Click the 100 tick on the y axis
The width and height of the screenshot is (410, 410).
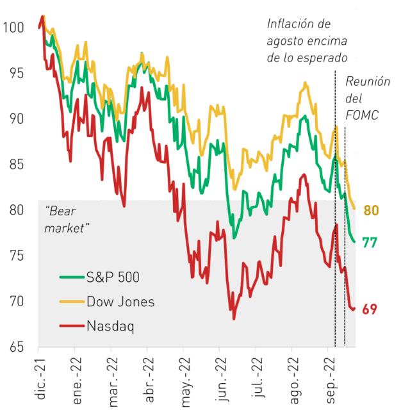point(13,28)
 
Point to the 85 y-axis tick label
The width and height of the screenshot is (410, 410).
point(17,165)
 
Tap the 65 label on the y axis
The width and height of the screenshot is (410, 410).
point(17,347)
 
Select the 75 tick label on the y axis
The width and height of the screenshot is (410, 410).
point(17,256)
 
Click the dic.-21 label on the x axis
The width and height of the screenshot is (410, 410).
point(40,379)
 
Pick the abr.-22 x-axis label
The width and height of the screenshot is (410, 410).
point(149,380)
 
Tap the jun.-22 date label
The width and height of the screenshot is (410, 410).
point(221,380)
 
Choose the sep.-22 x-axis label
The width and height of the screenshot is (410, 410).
point(330,381)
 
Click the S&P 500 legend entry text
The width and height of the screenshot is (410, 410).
point(113,277)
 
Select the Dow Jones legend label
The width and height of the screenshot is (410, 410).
point(120,302)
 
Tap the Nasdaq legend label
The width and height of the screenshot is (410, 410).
point(110,326)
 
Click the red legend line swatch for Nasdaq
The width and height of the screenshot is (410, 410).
point(72,326)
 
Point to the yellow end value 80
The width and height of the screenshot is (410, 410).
point(371,210)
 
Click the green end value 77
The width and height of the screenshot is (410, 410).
point(370,242)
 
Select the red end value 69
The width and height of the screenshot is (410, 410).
point(370,309)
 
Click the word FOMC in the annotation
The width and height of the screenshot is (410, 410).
point(361,115)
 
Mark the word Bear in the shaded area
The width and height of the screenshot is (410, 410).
point(61,211)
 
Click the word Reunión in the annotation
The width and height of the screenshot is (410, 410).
point(368,81)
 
